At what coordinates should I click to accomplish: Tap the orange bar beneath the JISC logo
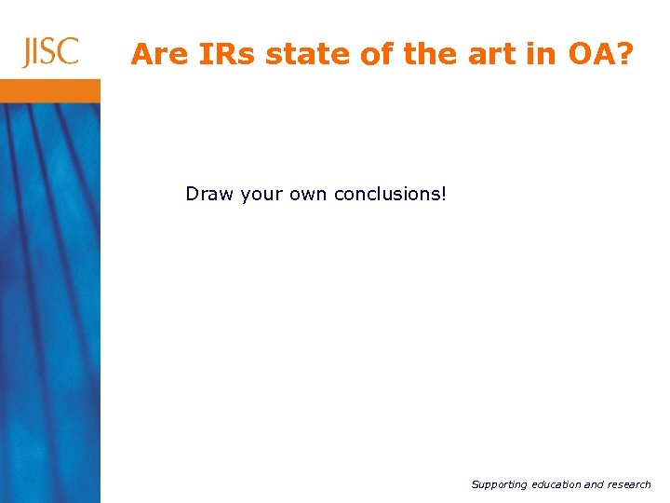(x=50, y=90)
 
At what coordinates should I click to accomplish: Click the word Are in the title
(x=154, y=55)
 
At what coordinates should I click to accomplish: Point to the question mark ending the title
(x=623, y=55)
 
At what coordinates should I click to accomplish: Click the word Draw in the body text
(x=209, y=194)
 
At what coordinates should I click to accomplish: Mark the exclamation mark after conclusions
(x=444, y=194)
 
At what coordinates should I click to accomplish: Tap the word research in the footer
(x=631, y=484)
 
